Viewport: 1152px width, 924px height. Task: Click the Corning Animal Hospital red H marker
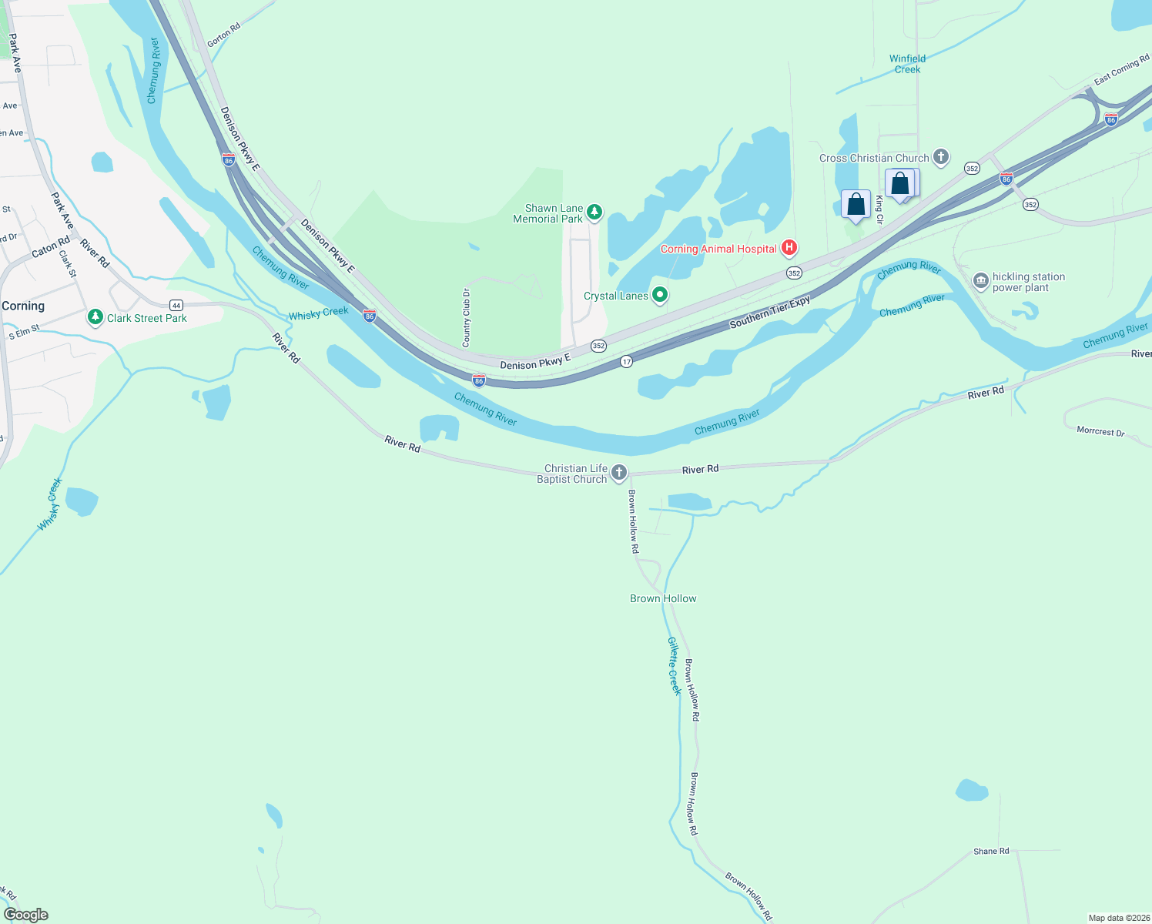coord(789,248)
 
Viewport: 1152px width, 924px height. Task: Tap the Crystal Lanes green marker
coord(659,295)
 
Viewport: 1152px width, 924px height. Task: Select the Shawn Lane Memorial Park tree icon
coord(594,212)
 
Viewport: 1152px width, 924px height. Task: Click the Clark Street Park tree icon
coord(95,316)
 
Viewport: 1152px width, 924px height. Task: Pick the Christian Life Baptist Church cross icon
coord(618,472)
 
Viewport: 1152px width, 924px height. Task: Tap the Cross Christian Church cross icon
coord(940,157)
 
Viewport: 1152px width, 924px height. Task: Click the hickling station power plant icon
coord(980,280)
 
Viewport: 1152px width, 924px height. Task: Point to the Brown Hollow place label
coord(663,598)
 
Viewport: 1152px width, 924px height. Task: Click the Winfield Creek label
coord(907,64)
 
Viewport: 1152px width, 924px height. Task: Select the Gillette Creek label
coord(675,666)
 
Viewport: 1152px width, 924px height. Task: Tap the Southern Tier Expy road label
coord(769,312)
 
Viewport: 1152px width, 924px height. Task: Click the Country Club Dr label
coord(466,318)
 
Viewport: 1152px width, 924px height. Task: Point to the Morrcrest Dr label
coord(1100,431)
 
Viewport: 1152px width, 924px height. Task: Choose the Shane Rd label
coord(991,851)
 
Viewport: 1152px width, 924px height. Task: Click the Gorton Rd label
coord(223,35)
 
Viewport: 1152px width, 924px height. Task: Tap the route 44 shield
coord(176,305)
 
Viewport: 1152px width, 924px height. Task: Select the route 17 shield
coord(627,361)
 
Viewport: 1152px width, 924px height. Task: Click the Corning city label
coord(23,306)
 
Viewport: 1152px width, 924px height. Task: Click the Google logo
coord(25,914)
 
